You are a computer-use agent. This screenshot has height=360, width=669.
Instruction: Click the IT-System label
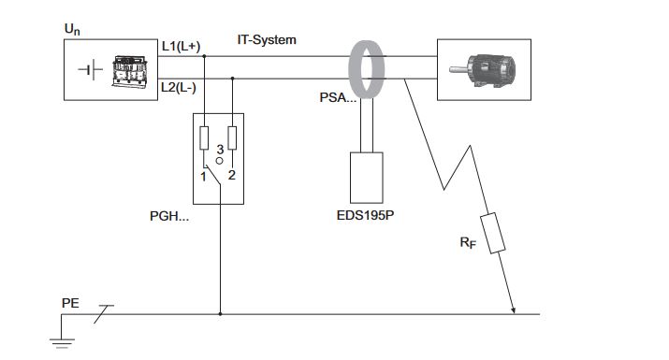click(267, 39)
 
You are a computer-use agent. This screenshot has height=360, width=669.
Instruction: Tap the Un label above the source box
click(72, 29)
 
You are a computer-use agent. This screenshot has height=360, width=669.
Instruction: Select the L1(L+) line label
click(181, 46)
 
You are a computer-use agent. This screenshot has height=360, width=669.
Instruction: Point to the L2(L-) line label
click(179, 88)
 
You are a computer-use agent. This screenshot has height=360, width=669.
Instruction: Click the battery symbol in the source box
click(91, 69)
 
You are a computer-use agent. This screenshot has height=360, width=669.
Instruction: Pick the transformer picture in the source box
click(130, 72)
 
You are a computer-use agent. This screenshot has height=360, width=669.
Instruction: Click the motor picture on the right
click(482, 70)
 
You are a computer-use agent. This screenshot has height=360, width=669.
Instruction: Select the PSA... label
click(338, 97)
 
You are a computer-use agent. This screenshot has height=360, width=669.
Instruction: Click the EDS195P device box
click(367, 178)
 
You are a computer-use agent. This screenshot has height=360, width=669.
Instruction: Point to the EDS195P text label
click(365, 215)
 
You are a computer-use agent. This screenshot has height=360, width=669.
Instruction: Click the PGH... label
click(169, 216)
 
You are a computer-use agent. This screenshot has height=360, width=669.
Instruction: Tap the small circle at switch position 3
click(219, 161)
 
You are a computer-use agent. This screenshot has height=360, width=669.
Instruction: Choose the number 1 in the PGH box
click(204, 177)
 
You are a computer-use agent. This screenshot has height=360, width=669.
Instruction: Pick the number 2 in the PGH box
click(232, 175)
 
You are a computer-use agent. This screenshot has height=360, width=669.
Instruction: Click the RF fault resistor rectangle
click(493, 234)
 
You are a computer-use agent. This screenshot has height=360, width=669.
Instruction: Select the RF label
click(468, 243)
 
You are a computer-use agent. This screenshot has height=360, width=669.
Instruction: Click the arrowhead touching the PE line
click(513, 310)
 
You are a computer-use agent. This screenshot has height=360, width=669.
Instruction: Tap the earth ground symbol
click(63, 343)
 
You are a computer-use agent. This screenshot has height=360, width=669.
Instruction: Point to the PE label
click(70, 303)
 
